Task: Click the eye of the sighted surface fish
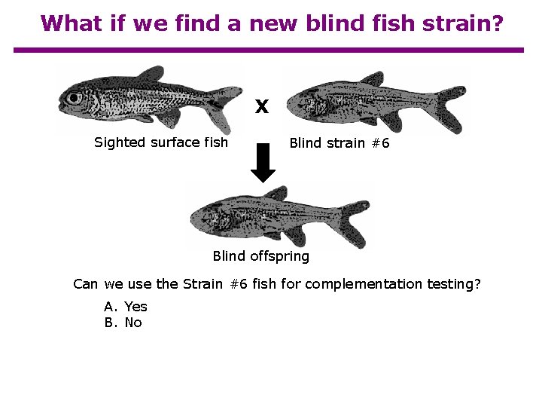73,98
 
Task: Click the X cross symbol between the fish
261,107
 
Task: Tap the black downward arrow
263,163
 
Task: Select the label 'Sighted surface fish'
161,142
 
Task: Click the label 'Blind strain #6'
340,143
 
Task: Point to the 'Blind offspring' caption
261,256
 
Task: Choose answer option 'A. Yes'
126,306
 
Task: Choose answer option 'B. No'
123,323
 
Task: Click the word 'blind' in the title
337,23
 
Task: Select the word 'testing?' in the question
453,284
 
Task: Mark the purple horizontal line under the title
269,50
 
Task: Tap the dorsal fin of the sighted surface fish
151,74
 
